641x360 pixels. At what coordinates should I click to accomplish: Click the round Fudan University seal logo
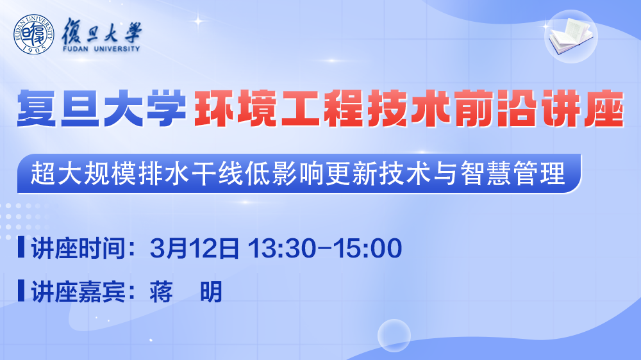tap(33, 35)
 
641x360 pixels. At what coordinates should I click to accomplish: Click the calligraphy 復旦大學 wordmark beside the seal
tap(101, 31)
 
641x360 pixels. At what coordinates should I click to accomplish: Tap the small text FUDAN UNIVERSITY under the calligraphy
tap(101, 49)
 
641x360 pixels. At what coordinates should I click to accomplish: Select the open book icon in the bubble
tap(571, 36)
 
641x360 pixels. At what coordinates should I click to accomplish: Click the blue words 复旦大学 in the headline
tap(101, 109)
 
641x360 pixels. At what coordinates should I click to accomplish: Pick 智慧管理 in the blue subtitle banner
tap(513, 173)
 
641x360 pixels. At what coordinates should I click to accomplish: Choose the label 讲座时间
tap(78, 248)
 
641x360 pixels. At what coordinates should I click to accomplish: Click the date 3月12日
tap(195, 248)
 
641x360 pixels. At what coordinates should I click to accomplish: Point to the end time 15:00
tap(367, 248)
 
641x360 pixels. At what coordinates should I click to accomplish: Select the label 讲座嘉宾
tap(78, 291)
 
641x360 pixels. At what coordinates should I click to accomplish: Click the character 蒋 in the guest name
tap(161, 291)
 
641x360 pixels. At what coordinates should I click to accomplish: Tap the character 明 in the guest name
tap(211, 291)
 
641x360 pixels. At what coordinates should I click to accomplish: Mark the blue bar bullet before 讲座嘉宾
tap(21, 291)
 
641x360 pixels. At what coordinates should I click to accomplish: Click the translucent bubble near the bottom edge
tap(394, 336)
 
